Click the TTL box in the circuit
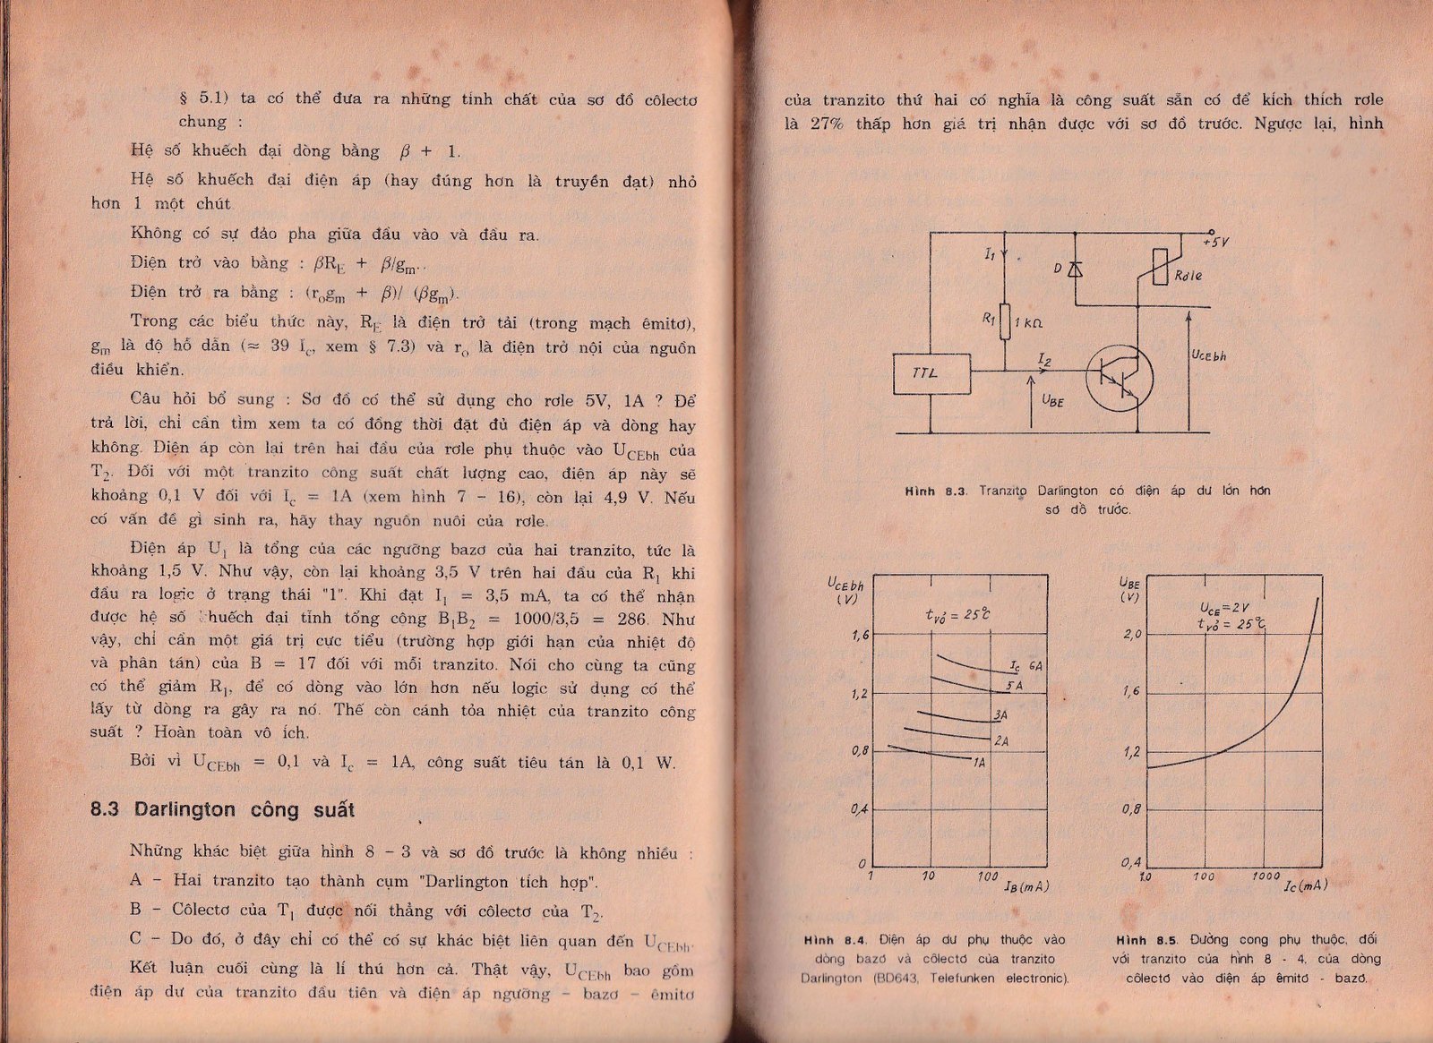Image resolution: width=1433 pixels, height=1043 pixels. point(931,374)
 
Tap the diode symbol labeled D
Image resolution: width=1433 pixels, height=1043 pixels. point(1075,269)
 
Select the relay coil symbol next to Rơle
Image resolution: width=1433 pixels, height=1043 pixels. point(1160,266)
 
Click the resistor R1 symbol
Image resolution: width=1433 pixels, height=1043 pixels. point(1005,321)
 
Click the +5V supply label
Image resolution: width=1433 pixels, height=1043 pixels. point(1215,242)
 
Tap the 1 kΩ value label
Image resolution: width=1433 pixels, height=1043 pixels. point(1028,322)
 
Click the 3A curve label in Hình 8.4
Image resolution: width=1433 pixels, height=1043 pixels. point(1000,715)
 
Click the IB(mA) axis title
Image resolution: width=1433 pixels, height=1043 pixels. point(1025,886)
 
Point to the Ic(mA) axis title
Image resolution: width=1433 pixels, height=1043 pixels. point(1305,885)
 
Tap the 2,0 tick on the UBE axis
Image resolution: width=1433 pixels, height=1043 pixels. point(1132,635)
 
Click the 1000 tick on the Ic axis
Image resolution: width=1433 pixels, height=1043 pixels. point(1266,876)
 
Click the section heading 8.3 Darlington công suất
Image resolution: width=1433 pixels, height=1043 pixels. point(222,810)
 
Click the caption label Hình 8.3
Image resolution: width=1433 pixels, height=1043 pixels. point(933,491)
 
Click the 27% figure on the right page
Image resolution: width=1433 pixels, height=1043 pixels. point(827,124)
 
